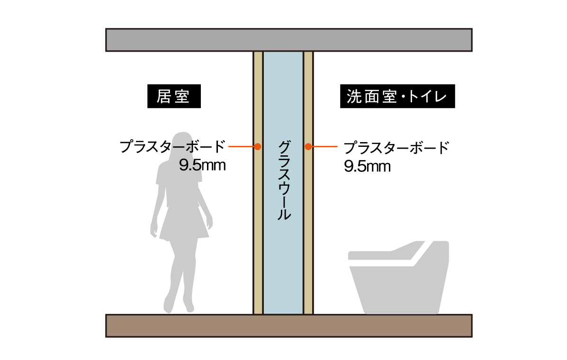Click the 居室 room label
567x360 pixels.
coord(173,97)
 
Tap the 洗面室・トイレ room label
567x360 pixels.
coord(396,97)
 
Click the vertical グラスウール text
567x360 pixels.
coord(284,180)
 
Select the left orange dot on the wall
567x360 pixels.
coord(258,146)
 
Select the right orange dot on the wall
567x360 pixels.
coord(308,146)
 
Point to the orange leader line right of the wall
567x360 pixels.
coord(325,147)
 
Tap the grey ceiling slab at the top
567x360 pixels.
coord(288,40)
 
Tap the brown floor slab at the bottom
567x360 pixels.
coord(288,325)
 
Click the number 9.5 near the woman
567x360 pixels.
coord(190,165)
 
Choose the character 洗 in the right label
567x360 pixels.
coord(353,97)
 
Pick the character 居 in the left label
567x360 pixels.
coord(163,97)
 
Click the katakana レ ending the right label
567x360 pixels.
coord(441,97)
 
